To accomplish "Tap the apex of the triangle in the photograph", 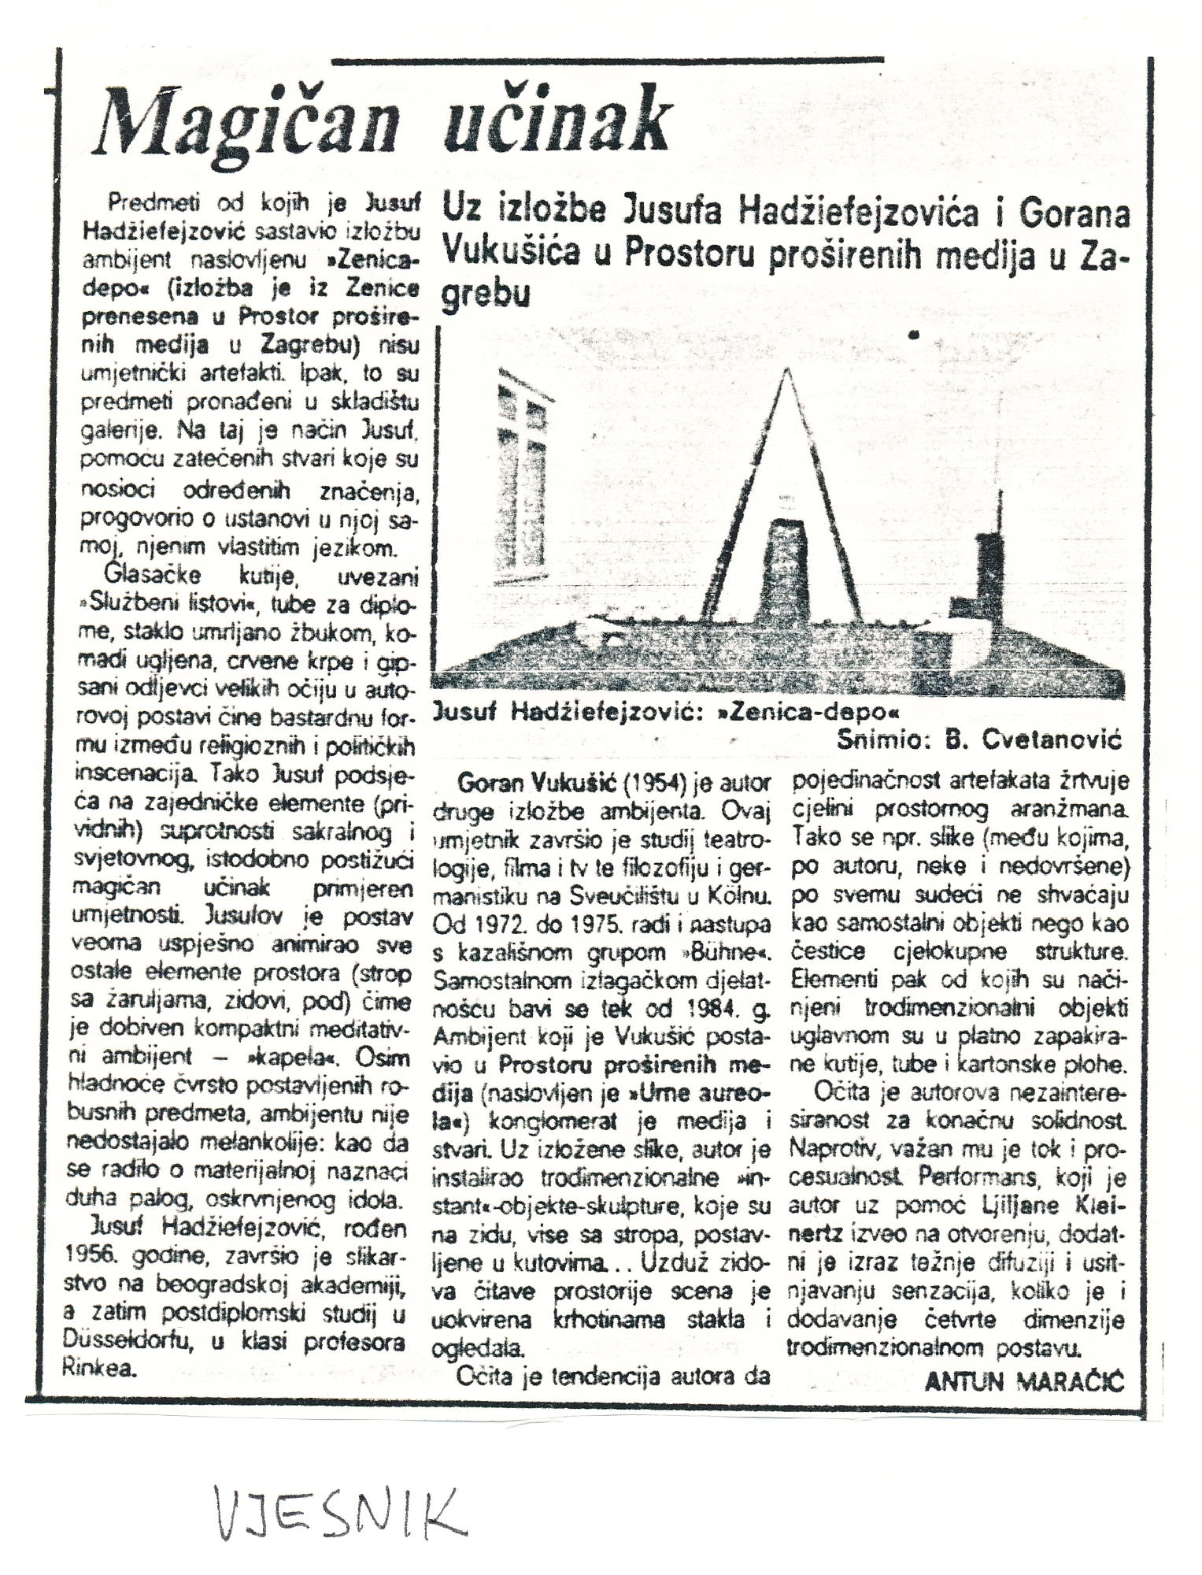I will point(786,371).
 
